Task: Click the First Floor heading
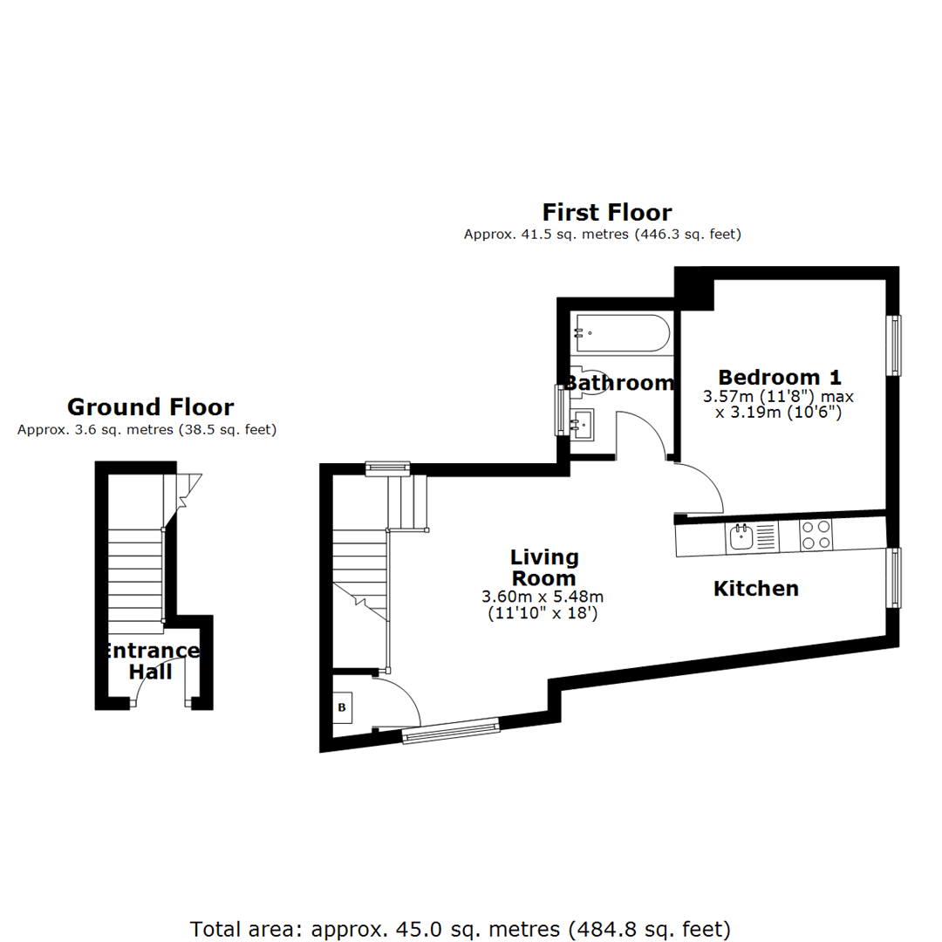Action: coord(607,213)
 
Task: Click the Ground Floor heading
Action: coord(150,407)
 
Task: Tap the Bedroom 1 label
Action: coord(780,378)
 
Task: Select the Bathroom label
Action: coord(619,383)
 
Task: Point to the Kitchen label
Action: coord(756,589)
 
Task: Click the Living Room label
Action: coord(543,568)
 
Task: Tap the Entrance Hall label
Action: coord(150,661)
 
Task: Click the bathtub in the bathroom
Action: coord(620,333)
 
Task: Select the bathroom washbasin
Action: coord(583,424)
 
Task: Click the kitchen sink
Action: coord(741,536)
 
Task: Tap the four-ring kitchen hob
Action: coord(816,535)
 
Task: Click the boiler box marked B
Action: coord(342,707)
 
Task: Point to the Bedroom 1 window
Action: coord(894,345)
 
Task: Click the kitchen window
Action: coord(894,577)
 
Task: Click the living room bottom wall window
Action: coord(451,731)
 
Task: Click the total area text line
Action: coord(461,928)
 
